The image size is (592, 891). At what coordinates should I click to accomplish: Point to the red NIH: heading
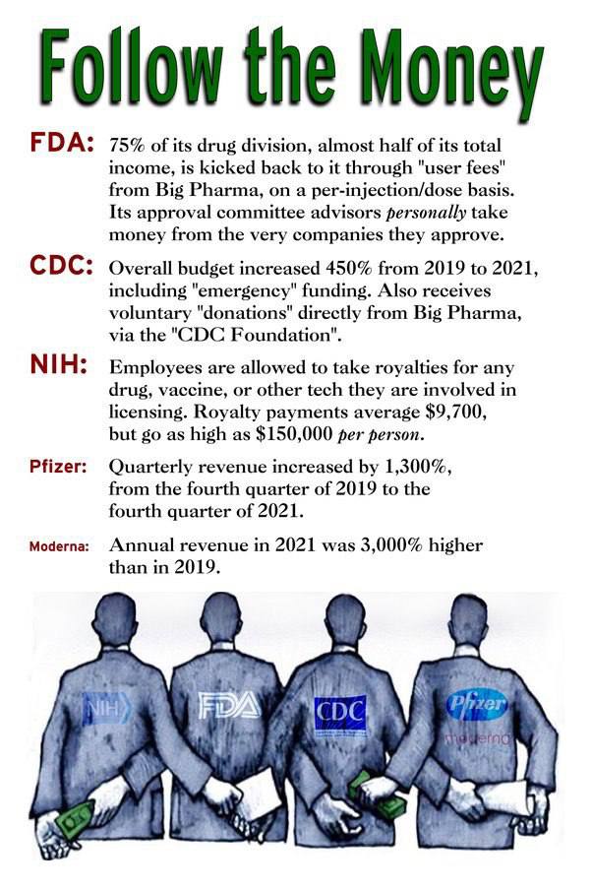pyautogui.click(x=56, y=367)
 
